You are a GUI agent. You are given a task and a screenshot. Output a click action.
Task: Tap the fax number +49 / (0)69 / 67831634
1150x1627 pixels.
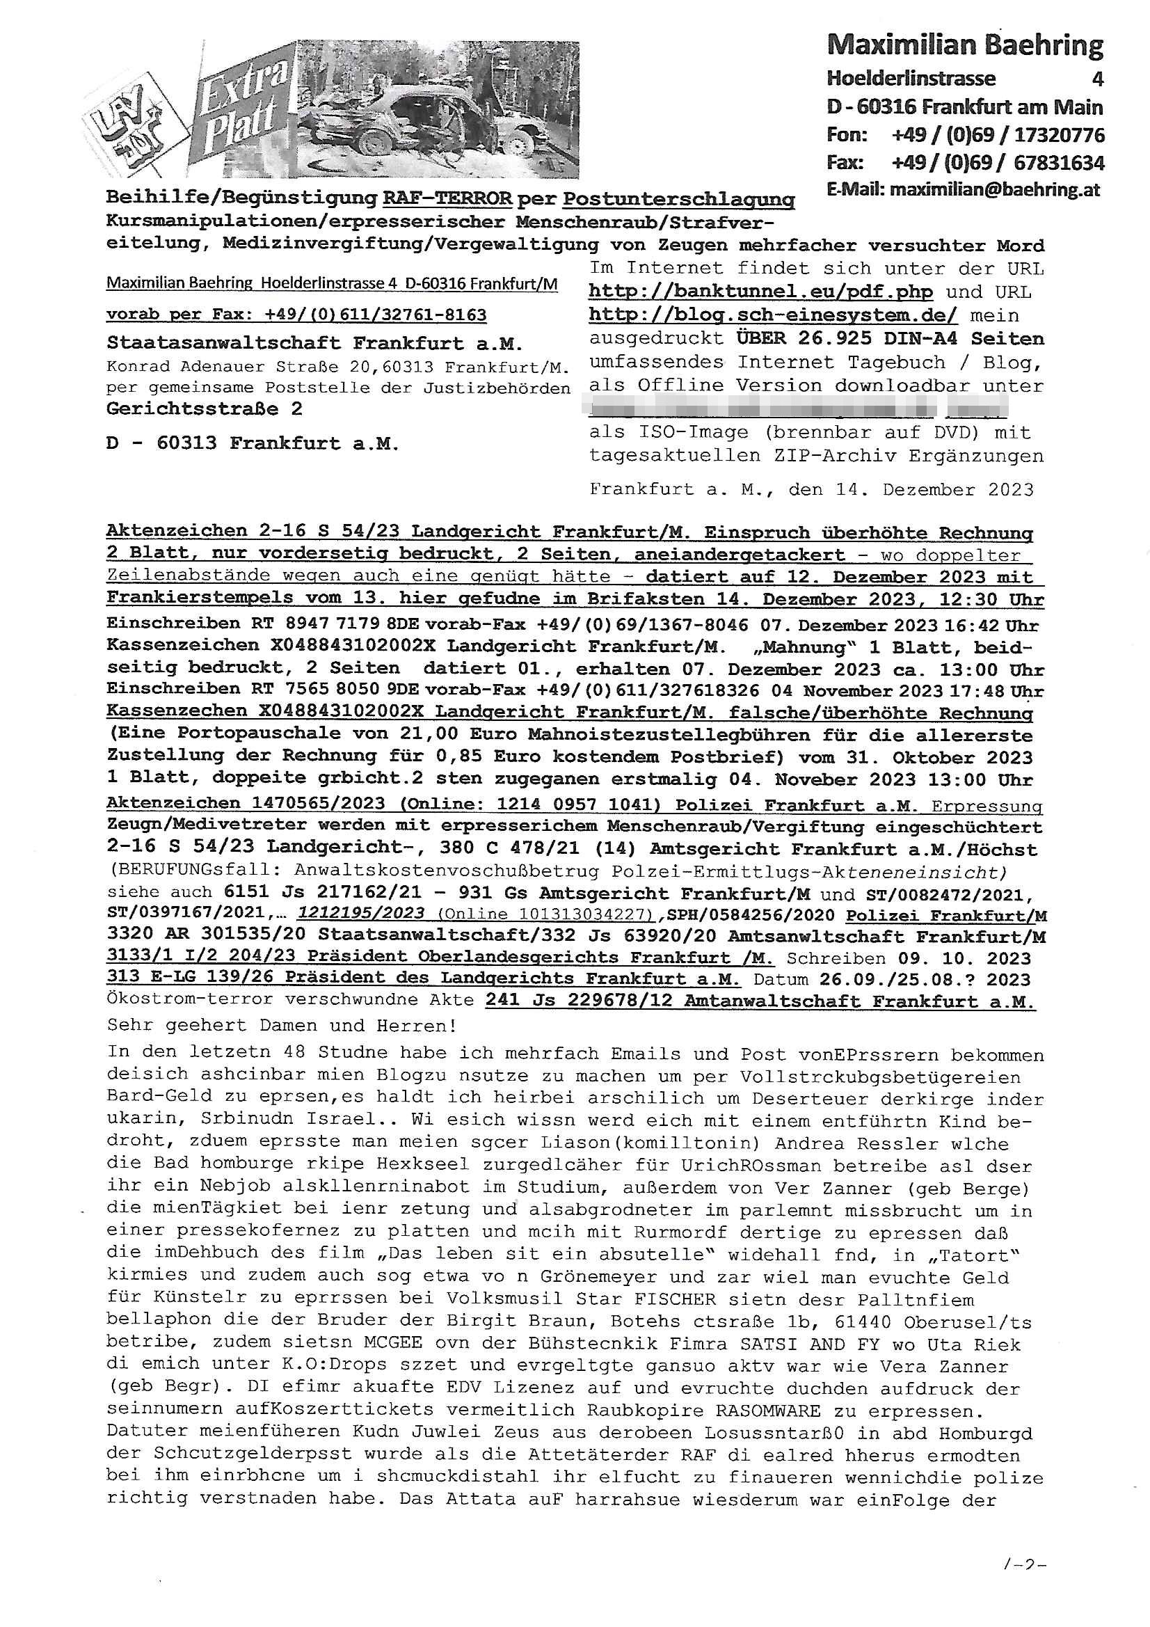pyautogui.click(x=998, y=163)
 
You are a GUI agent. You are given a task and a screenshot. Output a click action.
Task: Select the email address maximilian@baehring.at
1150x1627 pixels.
pyautogui.click(x=995, y=190)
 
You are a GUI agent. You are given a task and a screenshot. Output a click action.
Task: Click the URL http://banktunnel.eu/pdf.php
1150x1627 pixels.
pyautogui.click(x=760, y=292)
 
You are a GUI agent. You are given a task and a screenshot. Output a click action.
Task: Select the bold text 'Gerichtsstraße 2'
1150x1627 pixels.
pyautogui.click(x=204, y=409)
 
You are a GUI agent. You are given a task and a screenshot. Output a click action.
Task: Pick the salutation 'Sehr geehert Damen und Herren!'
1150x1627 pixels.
pyautogui.click(x=281, y=1025)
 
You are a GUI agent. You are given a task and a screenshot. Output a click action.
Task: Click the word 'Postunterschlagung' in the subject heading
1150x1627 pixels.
pyautogui.click(x=678, y=198)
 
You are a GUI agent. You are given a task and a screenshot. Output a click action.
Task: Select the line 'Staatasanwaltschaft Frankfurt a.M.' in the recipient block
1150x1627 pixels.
pyautogui.click(x=314, y=344)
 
